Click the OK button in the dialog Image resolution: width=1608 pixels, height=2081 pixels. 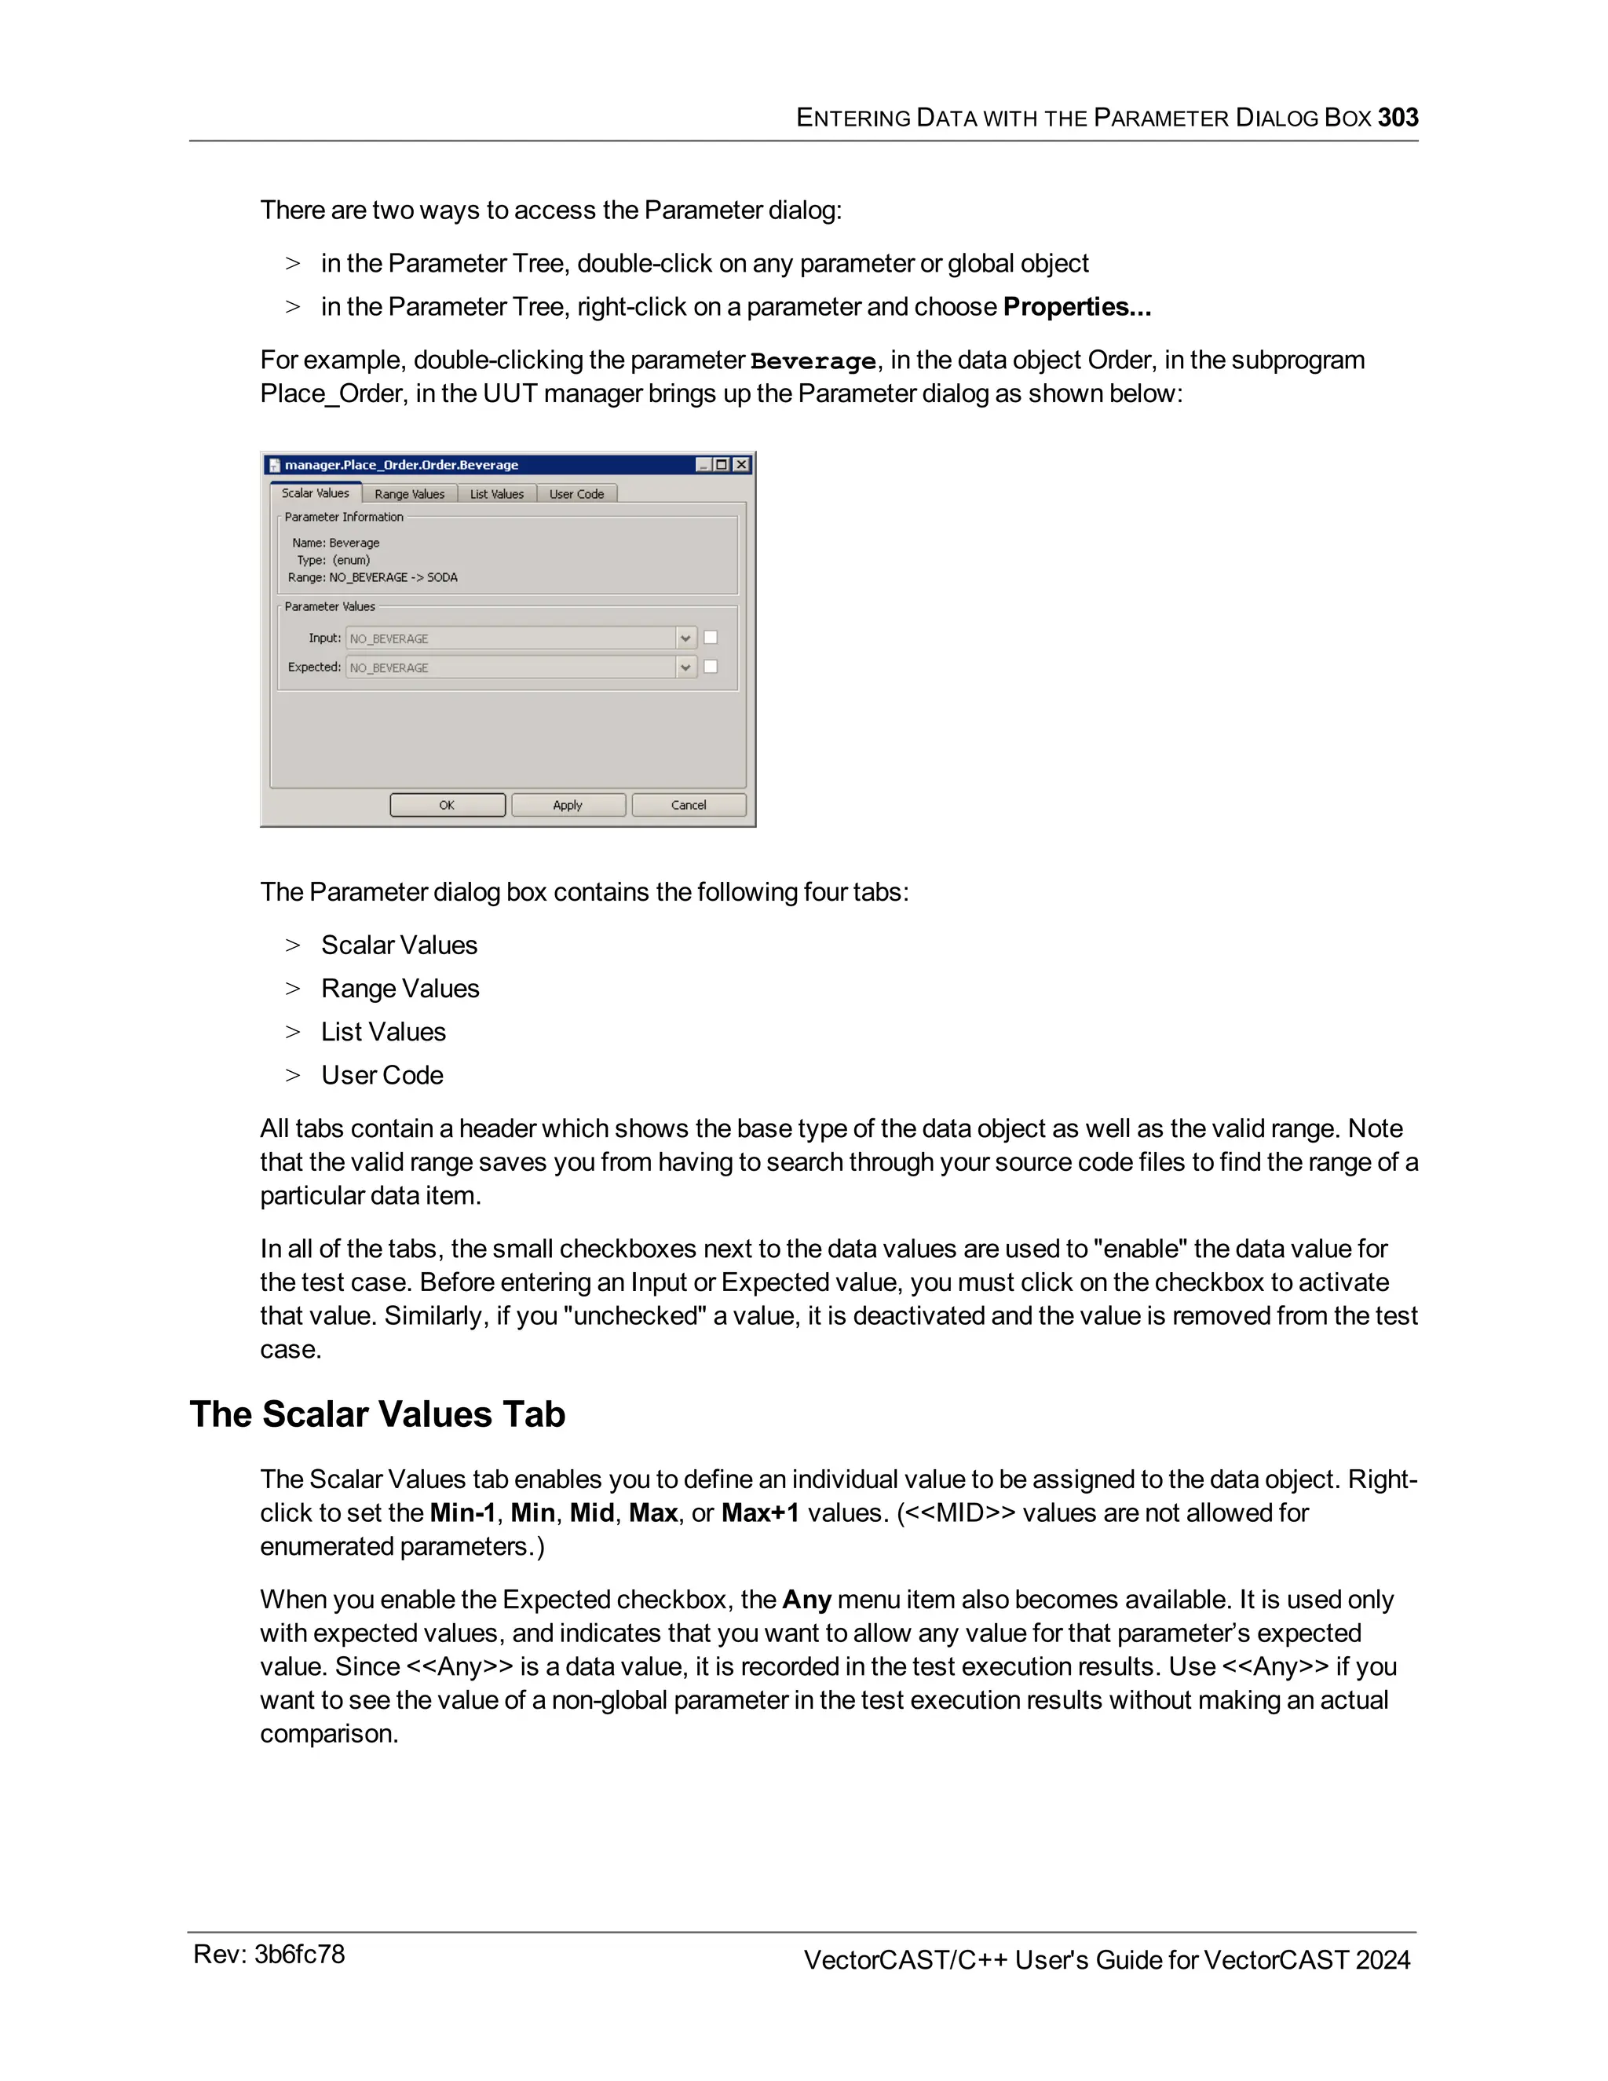coord(447,805)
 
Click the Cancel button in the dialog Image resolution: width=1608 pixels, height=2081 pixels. coord(688,805)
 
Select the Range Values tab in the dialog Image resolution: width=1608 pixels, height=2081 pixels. coord(410,494)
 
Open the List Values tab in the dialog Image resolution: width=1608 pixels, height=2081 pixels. coord(496,494)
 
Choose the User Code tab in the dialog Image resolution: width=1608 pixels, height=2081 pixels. coord(576,494)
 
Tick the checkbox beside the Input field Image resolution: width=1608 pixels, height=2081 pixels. coord(711,638)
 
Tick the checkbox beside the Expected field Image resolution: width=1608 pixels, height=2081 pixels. coord(711,667)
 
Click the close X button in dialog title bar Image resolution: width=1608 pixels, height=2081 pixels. coord(741,465)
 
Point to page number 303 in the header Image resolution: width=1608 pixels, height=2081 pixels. coord(1398,117)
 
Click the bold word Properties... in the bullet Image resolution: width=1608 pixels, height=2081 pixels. coord(1076,307)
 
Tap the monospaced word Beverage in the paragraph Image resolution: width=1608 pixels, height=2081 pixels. coord(813,361)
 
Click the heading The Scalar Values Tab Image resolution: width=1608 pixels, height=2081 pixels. coord(377,1414)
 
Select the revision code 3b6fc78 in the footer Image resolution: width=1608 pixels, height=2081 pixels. coord(299,1955)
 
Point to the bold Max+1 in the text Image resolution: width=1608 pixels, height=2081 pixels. coord(759,1513)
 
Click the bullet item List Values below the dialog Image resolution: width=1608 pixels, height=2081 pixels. coord(383,1032)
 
